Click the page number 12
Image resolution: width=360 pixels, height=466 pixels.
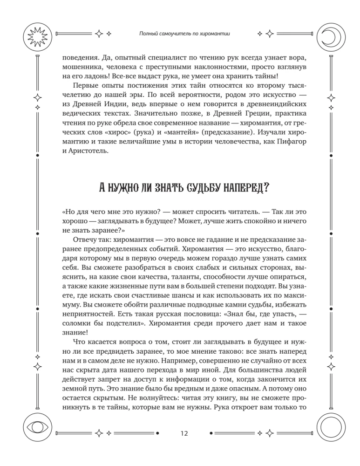(183, 433)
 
